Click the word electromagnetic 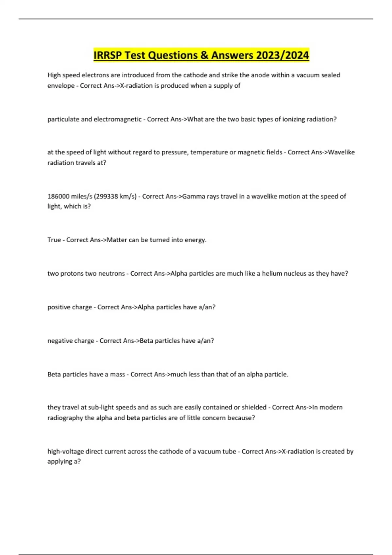[118, 119]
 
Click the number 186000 [58, 197]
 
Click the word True [54, 240]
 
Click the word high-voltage [65, 452]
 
